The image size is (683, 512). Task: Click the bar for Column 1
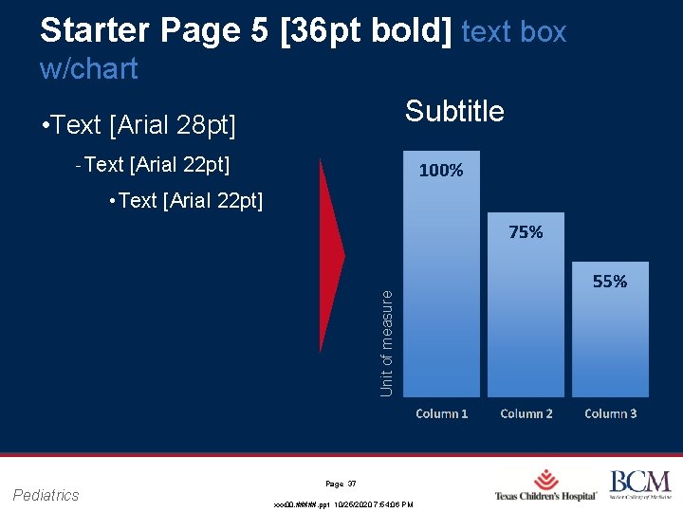click(441, 284)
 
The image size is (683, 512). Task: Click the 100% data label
click(441, 171)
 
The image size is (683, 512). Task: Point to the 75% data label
click(526, 232)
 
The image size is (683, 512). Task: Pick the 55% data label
click(610, 282)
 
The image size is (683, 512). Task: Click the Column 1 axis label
click(442, 413)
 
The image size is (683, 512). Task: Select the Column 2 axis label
click(526, 413)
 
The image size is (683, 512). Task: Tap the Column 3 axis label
click(611, 413)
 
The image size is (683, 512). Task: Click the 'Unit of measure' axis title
click(386, 342)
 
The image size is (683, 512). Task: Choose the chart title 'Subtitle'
click(454, 112)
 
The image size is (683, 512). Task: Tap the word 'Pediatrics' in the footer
click(46, 494)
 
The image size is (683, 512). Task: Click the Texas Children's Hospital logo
click(546, 485)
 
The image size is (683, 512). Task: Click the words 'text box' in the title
click(513, 32)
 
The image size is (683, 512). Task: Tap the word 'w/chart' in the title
click(89, 68)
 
